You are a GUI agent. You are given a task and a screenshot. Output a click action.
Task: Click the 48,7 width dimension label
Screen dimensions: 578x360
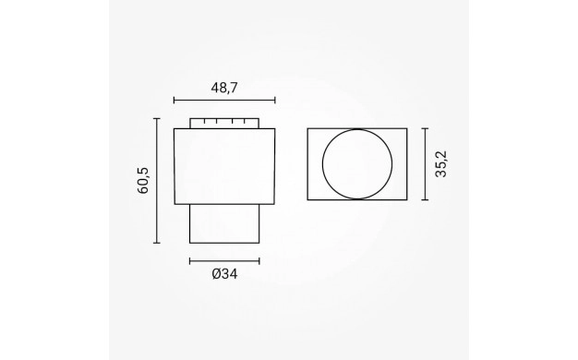[224, 88]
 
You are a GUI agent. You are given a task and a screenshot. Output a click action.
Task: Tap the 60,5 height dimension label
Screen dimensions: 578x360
[143, 181]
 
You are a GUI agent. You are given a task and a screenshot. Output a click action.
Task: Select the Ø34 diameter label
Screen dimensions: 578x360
[225, 274]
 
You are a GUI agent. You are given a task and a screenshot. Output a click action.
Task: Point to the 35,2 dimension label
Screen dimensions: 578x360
[440, 164]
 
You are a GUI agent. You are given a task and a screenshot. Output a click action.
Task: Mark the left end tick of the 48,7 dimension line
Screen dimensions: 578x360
[174, 100]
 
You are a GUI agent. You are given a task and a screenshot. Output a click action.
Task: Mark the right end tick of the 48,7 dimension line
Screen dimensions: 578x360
[275, 100]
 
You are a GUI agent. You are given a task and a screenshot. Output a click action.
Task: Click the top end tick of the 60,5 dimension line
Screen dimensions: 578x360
[157, 119]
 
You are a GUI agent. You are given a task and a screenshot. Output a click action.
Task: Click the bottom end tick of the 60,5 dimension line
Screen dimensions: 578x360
[157, 243]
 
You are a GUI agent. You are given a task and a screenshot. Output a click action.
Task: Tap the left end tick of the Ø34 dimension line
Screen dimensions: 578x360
[190, 261]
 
